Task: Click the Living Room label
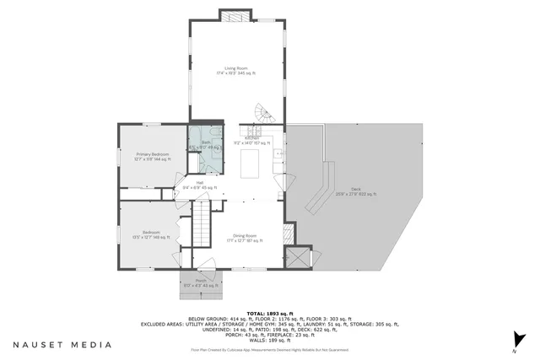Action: click(235, 68)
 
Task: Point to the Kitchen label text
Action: click(251, 137)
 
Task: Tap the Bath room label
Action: click(205, 143)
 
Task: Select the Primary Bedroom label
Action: click(153, 154)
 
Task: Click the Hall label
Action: click(201, 183)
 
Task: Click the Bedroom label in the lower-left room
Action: click(152, 234)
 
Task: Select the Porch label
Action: click(201, 282)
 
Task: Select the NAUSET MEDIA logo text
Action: click(62, 344)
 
